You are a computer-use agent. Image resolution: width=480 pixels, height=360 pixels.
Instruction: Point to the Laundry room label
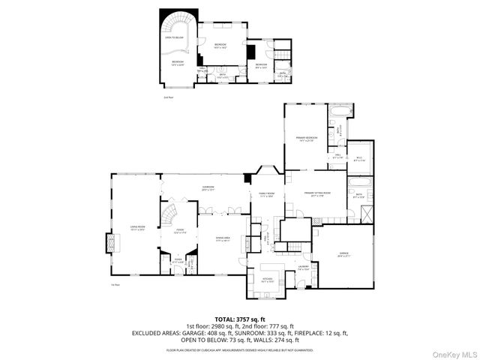pos(304,267)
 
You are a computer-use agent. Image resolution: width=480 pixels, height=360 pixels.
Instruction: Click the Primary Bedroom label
pos(306,139)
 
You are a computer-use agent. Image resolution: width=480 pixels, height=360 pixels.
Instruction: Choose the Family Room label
pos(267,194)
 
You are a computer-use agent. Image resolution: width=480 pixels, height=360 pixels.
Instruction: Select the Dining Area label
pos(222,239)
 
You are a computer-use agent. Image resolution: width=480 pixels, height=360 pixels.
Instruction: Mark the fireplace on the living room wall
pos(111,242)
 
